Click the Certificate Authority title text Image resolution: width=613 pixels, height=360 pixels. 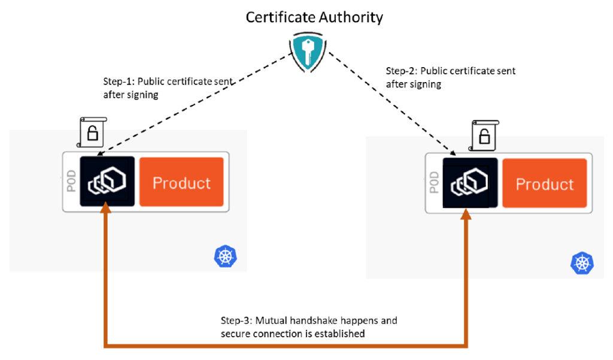point(314,17)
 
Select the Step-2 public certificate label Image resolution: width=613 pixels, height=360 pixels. point(450,77)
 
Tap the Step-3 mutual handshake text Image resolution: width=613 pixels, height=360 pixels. point(309,327)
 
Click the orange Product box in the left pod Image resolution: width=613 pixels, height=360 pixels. point(181,182)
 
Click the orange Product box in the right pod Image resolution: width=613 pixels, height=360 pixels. point(544,183)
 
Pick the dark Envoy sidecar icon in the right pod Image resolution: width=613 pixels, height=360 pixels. point(470,182)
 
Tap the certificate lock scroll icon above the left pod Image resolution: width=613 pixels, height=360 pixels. point(92,133)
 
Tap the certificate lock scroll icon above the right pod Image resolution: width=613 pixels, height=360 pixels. point(484,137)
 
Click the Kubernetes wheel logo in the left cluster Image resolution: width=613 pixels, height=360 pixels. point(225,256)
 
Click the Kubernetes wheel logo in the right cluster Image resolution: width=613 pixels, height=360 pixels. point(582,262)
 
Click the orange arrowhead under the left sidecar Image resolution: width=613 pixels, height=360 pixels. point(106,208)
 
